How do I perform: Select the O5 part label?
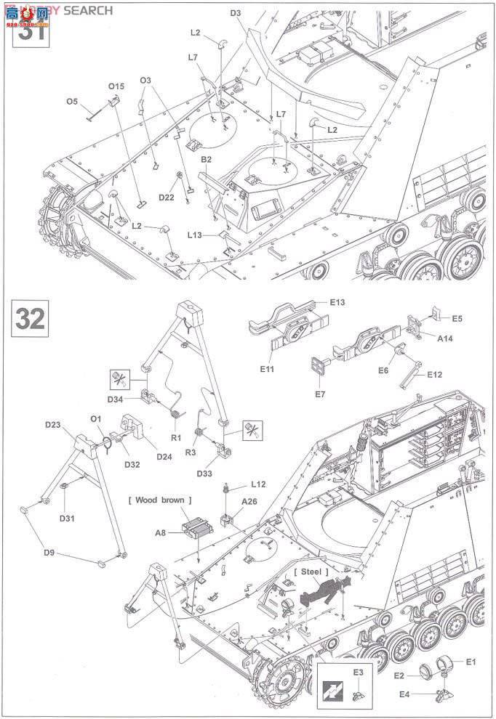point(71,102)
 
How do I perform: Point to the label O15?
point(116,86)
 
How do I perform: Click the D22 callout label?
point(167,198)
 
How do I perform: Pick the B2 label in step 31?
point(207,158)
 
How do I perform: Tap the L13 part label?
point(194,235)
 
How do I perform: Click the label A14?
point(445,338)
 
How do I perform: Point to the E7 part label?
point(319,394)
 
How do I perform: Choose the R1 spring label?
point(176,438)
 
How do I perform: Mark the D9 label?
point(49,553)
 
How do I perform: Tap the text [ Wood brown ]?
point(160,500)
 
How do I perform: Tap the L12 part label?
point(258,483)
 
